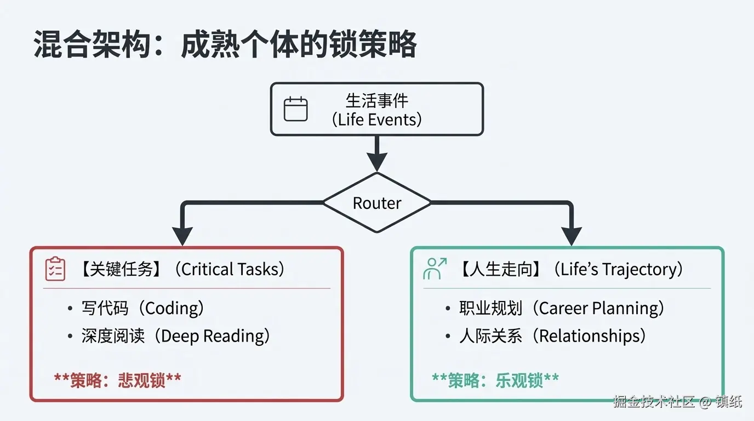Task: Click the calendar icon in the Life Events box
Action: [x=295, y=109]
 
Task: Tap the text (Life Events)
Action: [x=377, y=120]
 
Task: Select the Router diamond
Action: [x=377, y=203]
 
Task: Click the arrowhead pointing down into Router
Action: [x=377, y=162]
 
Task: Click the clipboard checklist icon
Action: [x=55, y=269]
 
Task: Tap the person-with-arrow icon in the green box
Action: [x=435, y=269]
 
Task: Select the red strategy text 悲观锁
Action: [x=141, y=380]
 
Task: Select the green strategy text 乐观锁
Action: [x=519, y=380]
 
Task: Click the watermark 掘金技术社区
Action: [x=653, y=402]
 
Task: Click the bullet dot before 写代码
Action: [x=70, y=309]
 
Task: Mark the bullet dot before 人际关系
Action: [x=448, y=336]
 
